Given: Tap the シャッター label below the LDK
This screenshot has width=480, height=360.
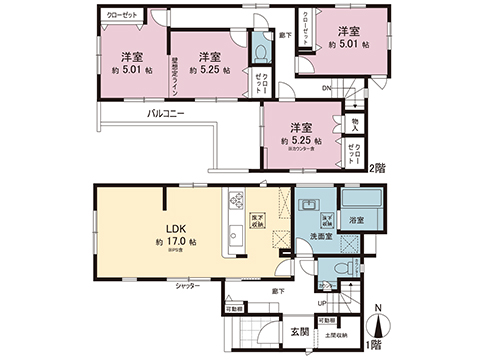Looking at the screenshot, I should point(187,286).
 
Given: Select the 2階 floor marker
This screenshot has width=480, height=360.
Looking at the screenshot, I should point(377,169).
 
